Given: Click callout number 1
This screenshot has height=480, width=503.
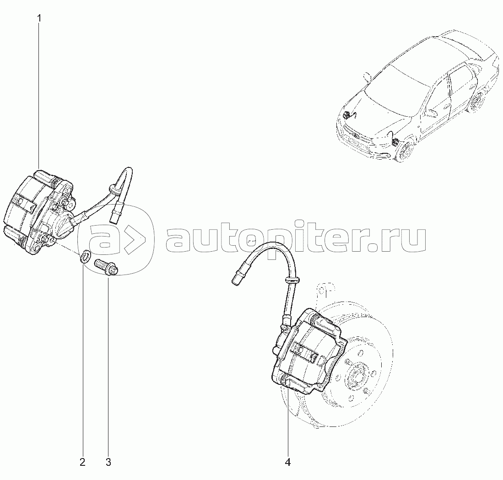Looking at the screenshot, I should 39,18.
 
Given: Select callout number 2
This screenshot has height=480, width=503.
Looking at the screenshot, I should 82,462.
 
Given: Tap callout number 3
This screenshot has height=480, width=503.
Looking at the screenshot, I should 108,462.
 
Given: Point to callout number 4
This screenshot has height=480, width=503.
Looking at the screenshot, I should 288,462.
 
